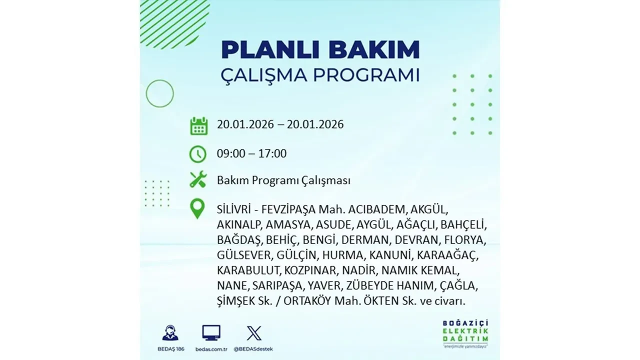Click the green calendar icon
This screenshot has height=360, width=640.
coord(198,125)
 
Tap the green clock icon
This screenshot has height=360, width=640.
coord(198,154)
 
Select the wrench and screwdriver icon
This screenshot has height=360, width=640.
coord(198,179)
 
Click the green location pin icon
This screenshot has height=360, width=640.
coord(198,209)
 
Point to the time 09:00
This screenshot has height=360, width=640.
coord(231,153)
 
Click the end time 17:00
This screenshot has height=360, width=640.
coord(272,153)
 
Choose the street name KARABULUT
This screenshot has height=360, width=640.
coord(249,270)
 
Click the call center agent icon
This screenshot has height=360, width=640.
coord(170,333)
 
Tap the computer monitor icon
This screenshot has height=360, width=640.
coord(211,333)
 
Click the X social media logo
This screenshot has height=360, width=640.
coord(254,333)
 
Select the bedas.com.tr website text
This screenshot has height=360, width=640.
coord(211,348)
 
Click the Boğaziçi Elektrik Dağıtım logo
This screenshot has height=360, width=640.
coord(465,332)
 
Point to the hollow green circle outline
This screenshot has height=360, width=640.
coord(159,93)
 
